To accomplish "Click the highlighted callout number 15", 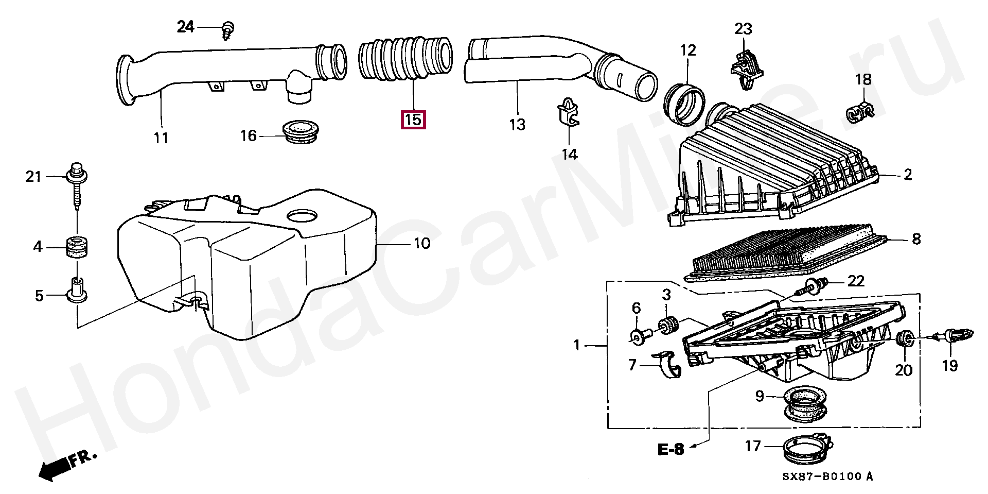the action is (413, 120).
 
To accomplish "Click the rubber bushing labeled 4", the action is (77, 247).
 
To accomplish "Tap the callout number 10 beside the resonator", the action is (422, 243).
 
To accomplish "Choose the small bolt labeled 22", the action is (813, 284).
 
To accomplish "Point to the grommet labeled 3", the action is (667, 326).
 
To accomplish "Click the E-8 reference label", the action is (671, 449).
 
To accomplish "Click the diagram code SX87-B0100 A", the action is (827, 476).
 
